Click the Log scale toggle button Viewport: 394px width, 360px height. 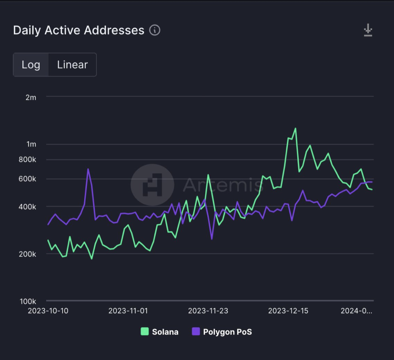click(31, 65)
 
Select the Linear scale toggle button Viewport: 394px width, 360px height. click(72, 65)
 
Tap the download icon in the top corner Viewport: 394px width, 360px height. click(368, 30)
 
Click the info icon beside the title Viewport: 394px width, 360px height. click(155, 30)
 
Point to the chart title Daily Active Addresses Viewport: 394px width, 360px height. click(79, 30)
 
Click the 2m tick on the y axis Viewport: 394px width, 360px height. click(31, 97)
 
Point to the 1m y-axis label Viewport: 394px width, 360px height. click(31, 144)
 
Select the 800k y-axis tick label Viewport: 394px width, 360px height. click(28, 159)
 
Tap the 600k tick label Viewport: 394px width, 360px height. click(28, 179)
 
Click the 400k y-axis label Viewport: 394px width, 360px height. click(28, 207)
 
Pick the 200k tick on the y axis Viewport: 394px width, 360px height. click(28, 254)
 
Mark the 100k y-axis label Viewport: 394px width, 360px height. click(28, 301)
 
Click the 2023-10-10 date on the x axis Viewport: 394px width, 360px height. click(48, 311)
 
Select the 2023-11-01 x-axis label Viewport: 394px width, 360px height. click(128, 311)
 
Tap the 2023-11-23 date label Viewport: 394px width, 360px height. click(208, 311)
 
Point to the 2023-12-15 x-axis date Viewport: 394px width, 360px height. click(288, 311)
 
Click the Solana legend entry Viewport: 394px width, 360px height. click(160, 332)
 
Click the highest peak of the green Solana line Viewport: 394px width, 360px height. click(295, 128)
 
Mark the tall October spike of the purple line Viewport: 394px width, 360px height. click(88, 169)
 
